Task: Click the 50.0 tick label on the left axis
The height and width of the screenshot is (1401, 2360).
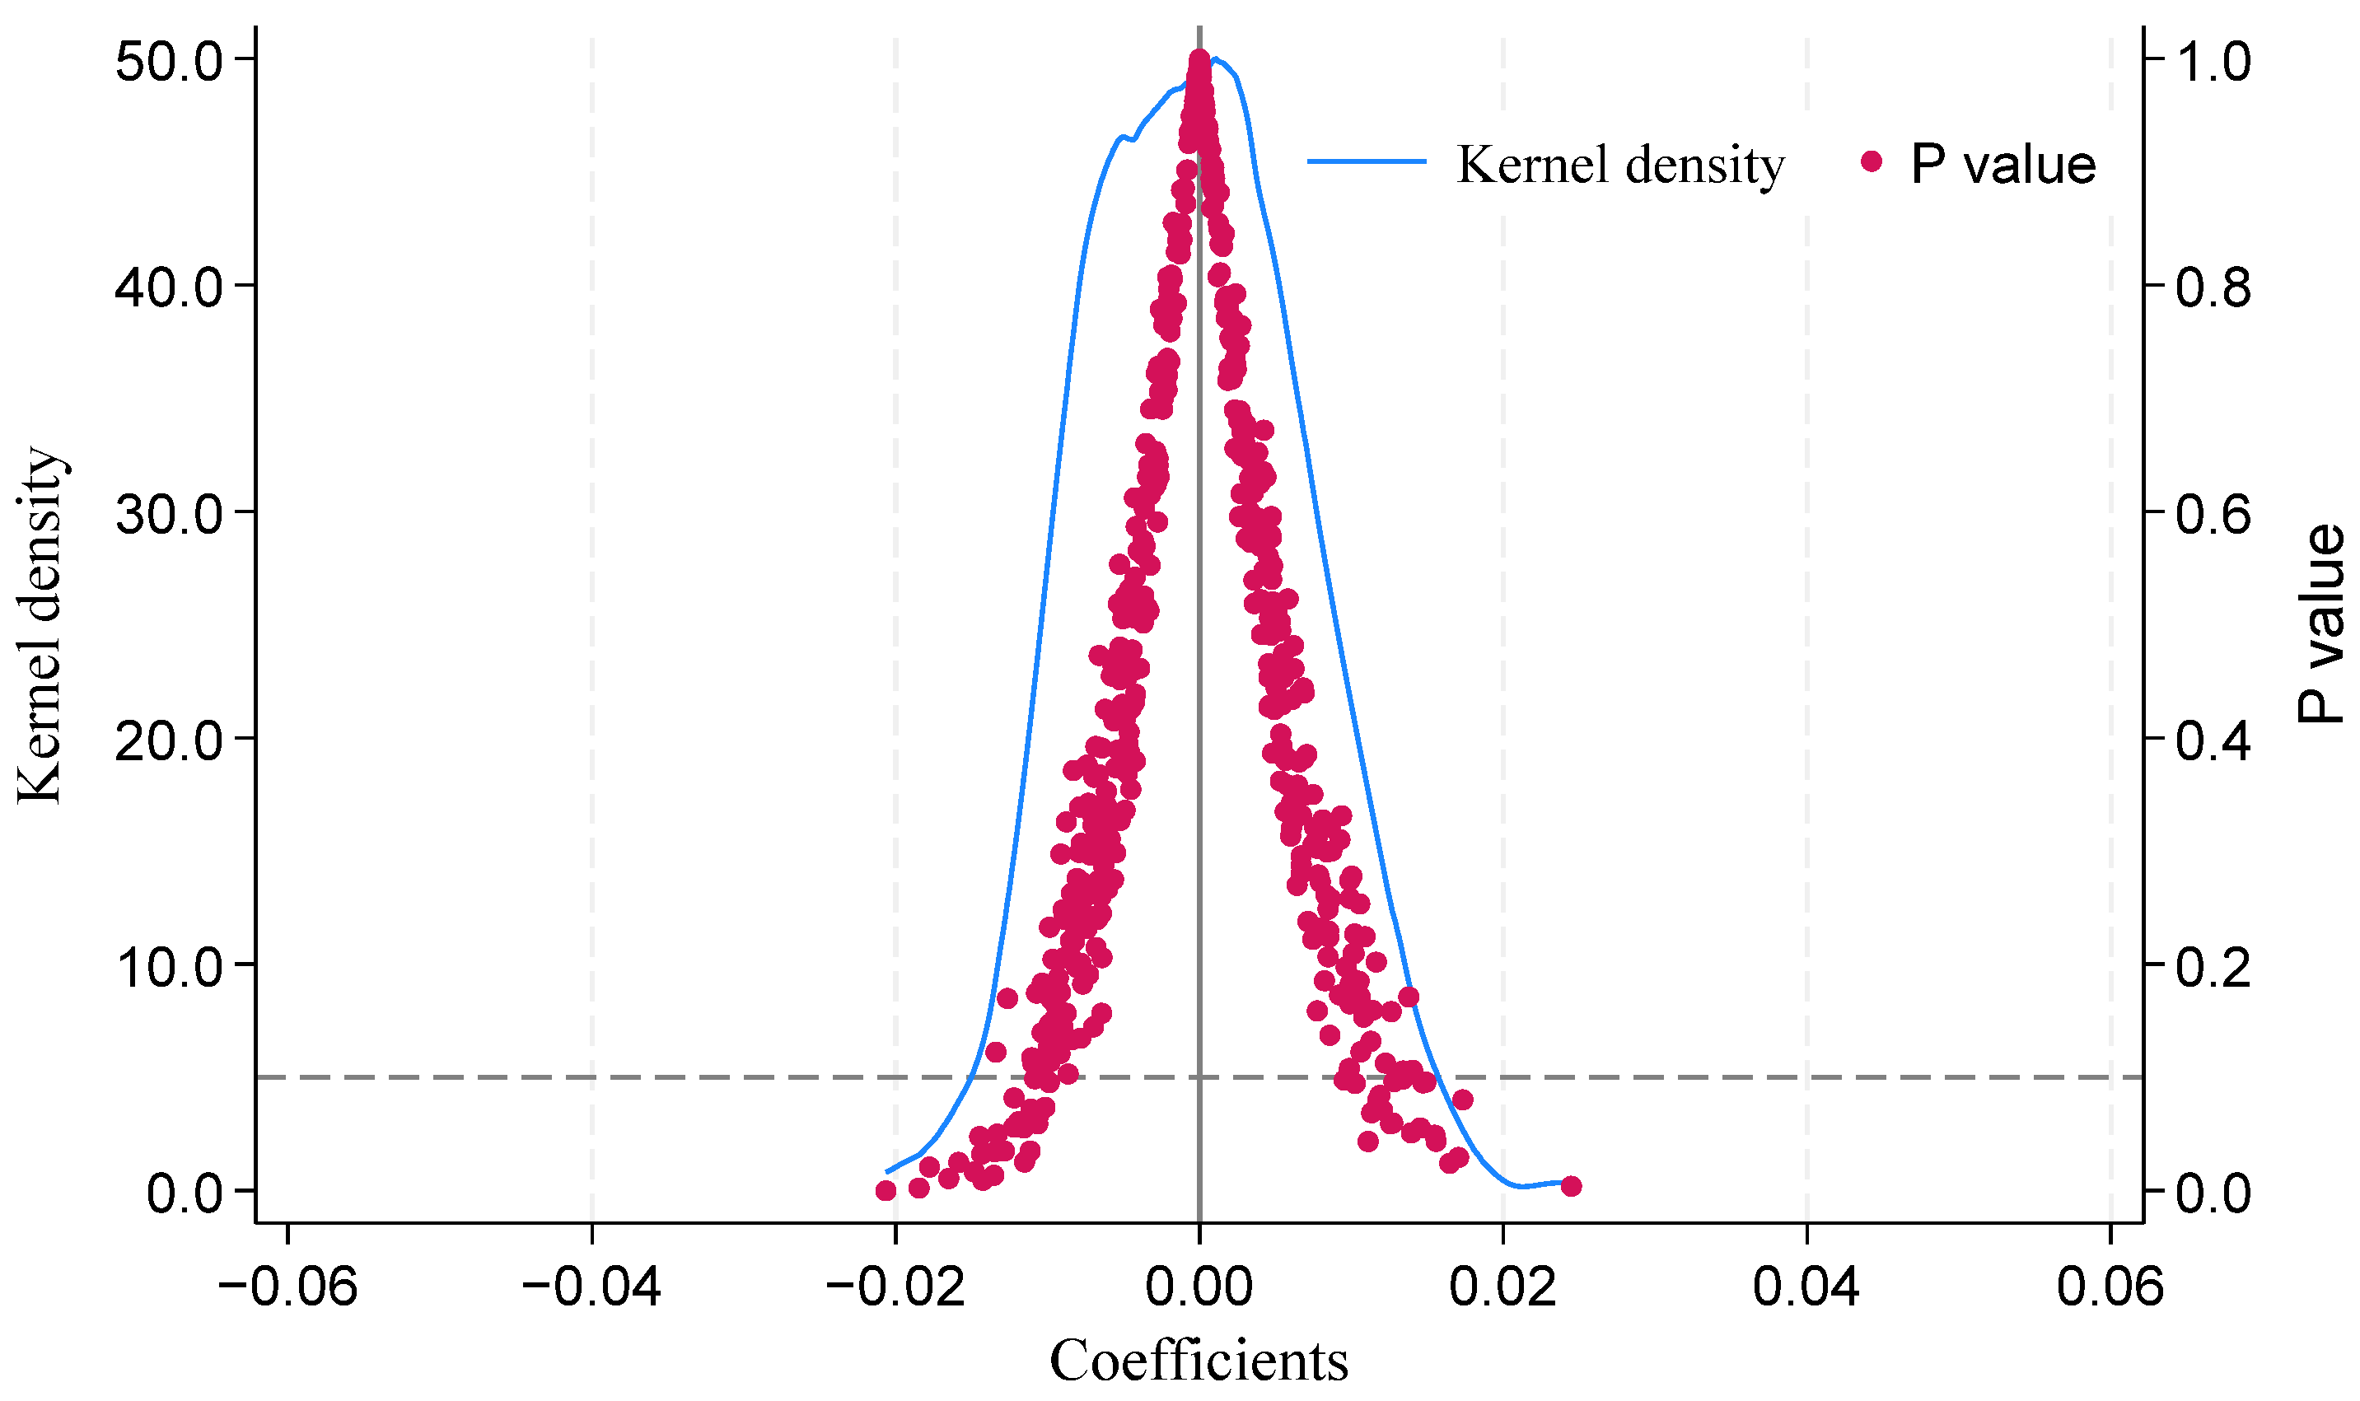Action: click(x=168, y=63)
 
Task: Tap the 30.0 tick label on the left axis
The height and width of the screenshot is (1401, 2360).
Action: click(x=168, y=515)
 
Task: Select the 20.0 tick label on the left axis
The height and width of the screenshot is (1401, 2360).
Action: click(x=168, y=741)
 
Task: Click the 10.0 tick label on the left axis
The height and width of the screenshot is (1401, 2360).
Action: click(x=168, y=968)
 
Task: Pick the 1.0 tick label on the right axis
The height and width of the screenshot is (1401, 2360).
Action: click(x=2213, y=63)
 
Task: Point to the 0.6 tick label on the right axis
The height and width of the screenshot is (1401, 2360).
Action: click(x=2213, y=515)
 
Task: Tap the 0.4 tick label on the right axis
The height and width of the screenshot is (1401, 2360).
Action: click(x=2213, y=741)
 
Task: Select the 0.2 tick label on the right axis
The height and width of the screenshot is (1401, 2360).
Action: click(x=2213, y=968)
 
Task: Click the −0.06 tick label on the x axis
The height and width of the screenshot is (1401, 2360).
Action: click(x=288, y=1287)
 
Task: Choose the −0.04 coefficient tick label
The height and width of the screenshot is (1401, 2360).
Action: click(x=592, y=1287)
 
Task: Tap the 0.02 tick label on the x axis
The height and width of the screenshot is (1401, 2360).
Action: click(x=1502, y=1287)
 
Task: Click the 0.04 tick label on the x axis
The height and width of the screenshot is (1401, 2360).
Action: click(x=1806, y=1287)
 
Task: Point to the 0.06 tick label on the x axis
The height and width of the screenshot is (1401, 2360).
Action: click(x=2110, y=1287)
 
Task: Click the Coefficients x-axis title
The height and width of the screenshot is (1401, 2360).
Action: click(x=1199, y=1361)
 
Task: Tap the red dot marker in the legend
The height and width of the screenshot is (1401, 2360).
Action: click(x=1871, y=162)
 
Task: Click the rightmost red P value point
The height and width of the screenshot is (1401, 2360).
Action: click(x=1571, y=1187)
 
